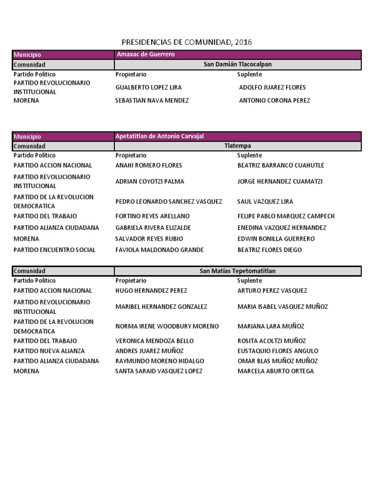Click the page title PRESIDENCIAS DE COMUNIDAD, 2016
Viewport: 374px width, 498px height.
pyautogui.click(x=187, y=42)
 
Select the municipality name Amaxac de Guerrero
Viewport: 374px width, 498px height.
pyautogui.click(x=146, y=54)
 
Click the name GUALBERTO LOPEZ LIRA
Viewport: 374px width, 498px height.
pyautogui.click(x=149, y=88)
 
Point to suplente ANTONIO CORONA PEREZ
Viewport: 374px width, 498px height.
pyautogui.click(x=274, y=101)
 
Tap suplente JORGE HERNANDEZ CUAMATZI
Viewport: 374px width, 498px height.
pyautogui.click(x=280, y=181)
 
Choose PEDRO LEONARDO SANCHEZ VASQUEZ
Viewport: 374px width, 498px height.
pyautogui.click(x=168, y=201)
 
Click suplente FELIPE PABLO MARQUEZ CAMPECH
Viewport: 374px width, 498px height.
pyautogui.click(x=286, y=216)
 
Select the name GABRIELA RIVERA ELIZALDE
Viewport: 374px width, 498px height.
pyautogui.click(x=153, y=228)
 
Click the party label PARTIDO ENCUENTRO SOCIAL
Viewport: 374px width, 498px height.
pyautogui.click(x=55, y=250)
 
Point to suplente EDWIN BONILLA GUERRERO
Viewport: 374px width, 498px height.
pyautogui.click(x=276, y=239)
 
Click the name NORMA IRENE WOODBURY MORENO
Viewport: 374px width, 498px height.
pyautogui.click(x=167, y=326)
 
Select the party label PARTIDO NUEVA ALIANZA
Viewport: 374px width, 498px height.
pyautogui.click(x=49, y=351)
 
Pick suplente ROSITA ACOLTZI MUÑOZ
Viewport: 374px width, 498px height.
pyautogui.click(x=272, y=341)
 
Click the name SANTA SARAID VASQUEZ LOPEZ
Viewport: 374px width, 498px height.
pyautogui.click(x=159, y=371)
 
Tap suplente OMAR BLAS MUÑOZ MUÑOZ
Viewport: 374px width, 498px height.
pyautogui.click(x=278, y=361)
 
